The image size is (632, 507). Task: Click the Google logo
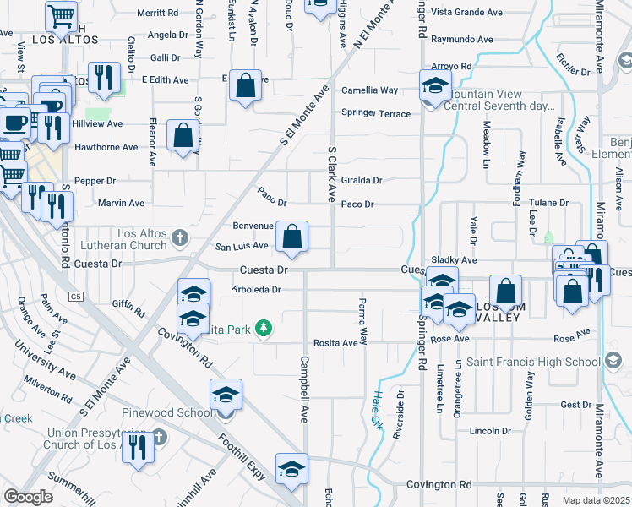tap(28, 497)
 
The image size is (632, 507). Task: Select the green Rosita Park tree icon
tap(264, 328)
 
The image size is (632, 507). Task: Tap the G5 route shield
tap(78, 297)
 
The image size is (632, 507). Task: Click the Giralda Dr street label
tap(362, 180)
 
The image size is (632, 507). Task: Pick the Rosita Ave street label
tap(335, 343)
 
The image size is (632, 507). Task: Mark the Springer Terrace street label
tap(376, 113)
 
